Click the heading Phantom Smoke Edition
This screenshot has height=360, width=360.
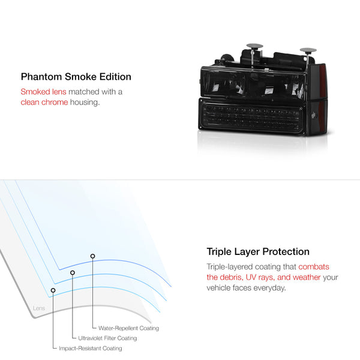[76, 77]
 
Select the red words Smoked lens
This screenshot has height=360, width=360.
[43, 92]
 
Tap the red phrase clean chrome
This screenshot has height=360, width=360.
[44, 102]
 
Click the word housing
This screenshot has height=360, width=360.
[85, 103]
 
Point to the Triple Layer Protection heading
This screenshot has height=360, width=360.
[258, 252]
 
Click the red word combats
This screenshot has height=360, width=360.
[314, 267]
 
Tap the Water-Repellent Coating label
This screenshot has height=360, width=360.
[128, 328]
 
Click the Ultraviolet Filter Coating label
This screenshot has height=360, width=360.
[107, 338]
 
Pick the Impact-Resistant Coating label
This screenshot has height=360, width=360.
[91, 348]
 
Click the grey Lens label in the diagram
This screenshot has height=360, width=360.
[39, 308]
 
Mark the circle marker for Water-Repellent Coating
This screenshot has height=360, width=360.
[92, 256]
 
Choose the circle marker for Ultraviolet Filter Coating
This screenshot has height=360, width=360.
[73, 272]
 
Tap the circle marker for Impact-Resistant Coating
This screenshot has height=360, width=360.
[53, 290]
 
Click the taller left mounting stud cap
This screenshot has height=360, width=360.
[254, 46]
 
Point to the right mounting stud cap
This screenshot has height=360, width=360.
[308, 50]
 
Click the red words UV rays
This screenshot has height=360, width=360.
[260, 277]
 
